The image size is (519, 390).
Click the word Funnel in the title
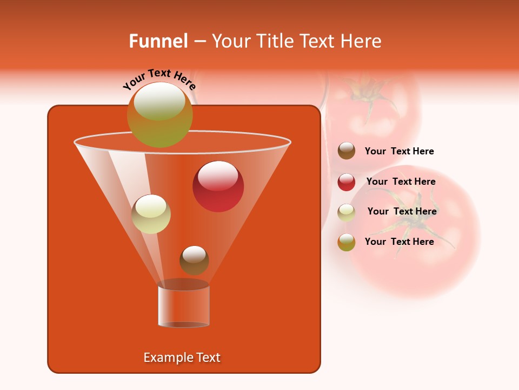point(158,41)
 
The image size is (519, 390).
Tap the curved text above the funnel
point(159,79)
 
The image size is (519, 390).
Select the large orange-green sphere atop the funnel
point(159,114)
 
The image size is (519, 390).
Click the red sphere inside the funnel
point(218,186)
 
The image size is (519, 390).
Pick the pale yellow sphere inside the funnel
point(151,214)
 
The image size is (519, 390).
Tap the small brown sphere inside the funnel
point(194,260)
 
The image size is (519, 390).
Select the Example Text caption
point(182,357)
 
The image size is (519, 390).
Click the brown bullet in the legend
point(347,151)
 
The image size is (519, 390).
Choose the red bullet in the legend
point(347,182)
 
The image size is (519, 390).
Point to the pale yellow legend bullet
point(347,212)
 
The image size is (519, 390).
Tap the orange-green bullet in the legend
point(347,242)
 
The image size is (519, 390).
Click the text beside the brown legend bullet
point(399,151)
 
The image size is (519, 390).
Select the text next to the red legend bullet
point(401,181)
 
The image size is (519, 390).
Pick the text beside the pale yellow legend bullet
point(402,211)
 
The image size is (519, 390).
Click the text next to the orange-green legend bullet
point(399,242)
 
